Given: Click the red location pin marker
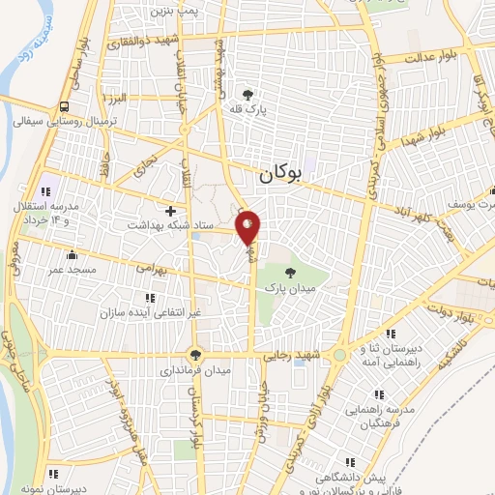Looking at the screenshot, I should coord(248,228).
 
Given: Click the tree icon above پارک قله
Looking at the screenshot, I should coord(249,95).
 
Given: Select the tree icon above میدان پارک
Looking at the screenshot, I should coord(291,273).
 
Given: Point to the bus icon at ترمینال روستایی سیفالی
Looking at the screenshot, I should coord(65,106).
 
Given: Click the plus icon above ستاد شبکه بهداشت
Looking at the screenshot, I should coord(171,210).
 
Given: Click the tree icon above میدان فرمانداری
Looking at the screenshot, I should coord(196,354).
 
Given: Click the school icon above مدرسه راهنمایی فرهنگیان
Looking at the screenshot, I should coord(378,393).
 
